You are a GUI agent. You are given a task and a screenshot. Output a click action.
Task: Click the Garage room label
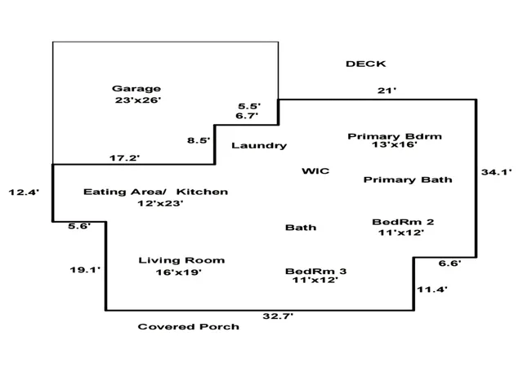(136, 89)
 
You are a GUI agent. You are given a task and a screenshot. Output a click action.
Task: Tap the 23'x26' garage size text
(138, 100)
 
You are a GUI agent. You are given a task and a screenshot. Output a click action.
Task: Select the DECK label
(366, 64)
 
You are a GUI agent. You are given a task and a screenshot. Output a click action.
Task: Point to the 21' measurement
(387, 91)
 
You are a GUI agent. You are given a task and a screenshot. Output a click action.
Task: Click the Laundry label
(259, 145)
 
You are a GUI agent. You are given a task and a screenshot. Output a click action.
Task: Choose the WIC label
(315, 171)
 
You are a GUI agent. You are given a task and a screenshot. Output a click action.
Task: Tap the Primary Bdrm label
(395, 136)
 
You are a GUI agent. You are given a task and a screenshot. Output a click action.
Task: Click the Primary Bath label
(408, 180)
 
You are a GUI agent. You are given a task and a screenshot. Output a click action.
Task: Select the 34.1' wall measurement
(496, 172)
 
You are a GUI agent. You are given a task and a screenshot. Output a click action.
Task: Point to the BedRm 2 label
(403, 222)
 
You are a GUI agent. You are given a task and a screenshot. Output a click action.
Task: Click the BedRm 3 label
(316, 272)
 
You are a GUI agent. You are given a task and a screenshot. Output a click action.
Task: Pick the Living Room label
(181, 260)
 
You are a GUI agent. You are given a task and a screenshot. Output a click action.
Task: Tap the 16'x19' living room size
(179, 272)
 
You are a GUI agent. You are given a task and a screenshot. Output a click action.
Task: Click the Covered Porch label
(189, 327)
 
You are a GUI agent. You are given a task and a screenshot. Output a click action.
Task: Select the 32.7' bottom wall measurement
(278, 316)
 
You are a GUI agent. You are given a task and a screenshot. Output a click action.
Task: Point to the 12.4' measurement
(24, 192)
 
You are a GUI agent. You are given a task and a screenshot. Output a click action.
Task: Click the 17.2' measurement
(125, 158)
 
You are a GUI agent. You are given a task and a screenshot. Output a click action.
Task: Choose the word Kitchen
(202, 192)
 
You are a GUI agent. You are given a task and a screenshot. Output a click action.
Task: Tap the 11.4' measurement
(432, 290)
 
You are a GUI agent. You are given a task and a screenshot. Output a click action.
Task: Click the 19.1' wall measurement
(85, 270)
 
